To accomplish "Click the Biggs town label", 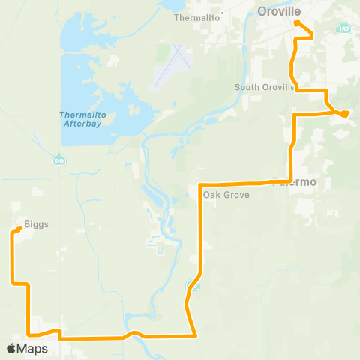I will (35, 223).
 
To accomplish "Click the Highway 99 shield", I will (58, 160).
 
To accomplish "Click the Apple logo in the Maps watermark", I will (12, 348).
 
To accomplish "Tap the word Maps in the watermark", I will (33, 348).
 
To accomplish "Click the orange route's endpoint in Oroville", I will (298, 22).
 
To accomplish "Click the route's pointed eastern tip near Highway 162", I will (346, 115).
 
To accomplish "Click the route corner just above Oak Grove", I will (200, 184).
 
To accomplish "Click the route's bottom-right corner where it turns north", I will (194, 335).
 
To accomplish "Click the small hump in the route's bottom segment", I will (132, 332).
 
